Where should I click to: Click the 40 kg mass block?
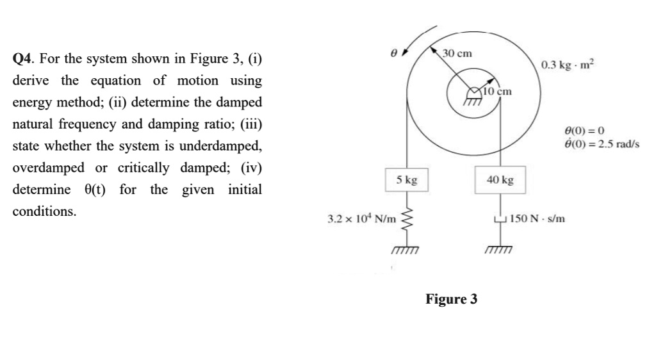click(x=500, y=180)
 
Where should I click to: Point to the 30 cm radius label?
click(x=457, y=53)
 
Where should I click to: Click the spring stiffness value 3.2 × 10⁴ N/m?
click(x=362, y=219)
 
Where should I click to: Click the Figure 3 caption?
click(x=452, y=299)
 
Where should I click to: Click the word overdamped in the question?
click(x=48, y=168)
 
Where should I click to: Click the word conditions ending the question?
click(x=44, y=211)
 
